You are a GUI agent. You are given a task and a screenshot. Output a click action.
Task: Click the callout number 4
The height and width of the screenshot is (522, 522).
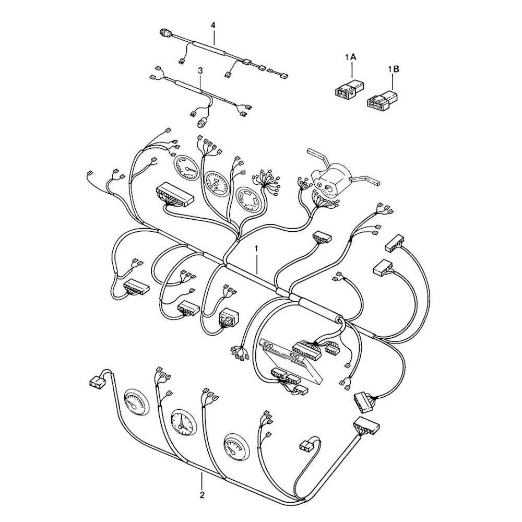coord(213,25)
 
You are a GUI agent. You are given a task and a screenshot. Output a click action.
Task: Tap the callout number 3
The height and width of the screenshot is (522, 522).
coord(200,70)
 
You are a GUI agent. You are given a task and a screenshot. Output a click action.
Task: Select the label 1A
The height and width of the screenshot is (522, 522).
coord(351,57)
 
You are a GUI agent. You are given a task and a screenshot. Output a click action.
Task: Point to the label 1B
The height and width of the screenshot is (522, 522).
coord(393,69)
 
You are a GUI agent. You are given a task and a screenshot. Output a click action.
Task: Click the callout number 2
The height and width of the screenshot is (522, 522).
coord(202,495)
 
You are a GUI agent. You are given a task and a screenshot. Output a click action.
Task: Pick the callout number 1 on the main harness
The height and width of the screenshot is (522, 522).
coord(256,248)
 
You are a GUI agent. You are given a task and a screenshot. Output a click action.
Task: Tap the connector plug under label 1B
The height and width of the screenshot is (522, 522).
coord(382,99)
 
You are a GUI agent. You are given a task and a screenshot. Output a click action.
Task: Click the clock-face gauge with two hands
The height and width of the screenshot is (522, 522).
coord(182,422)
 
